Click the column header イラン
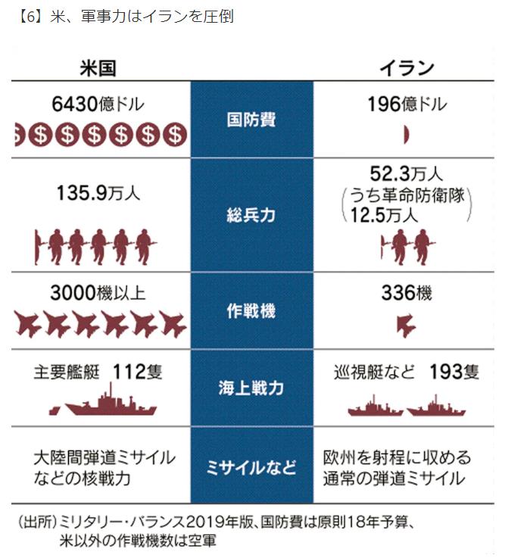click(407, 67)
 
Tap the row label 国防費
click(251, 120)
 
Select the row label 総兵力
click(251, 215)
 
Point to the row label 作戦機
click(251, 310)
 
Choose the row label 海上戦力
click(251, 388)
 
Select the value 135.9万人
click(98, 193)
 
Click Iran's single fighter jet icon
click(407, 324)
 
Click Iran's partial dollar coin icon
click(407, 135)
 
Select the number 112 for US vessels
click(128, 371)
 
